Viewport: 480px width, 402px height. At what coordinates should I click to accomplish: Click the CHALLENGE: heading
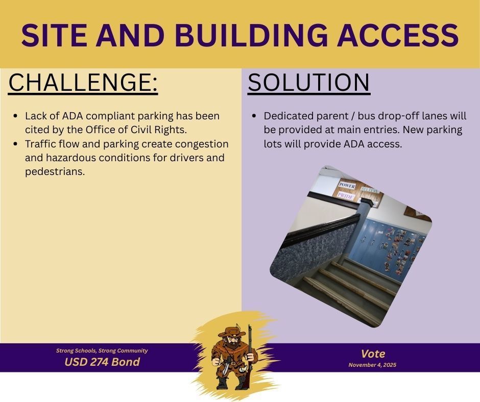tap(83, 83)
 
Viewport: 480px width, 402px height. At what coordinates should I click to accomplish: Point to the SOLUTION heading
tap(308, 83)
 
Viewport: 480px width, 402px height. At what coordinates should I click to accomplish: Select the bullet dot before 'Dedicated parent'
tap(254, 116)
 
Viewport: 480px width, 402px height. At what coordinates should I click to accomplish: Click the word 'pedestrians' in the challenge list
tap(55, 172)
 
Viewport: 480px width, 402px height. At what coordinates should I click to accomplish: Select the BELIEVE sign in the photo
tap(370, 190)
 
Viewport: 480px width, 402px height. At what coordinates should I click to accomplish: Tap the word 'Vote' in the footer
tap(373, 354)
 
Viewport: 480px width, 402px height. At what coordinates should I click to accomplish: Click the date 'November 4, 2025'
tap(372, 365)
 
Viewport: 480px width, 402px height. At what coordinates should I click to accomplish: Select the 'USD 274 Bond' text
tap(102, 362)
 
